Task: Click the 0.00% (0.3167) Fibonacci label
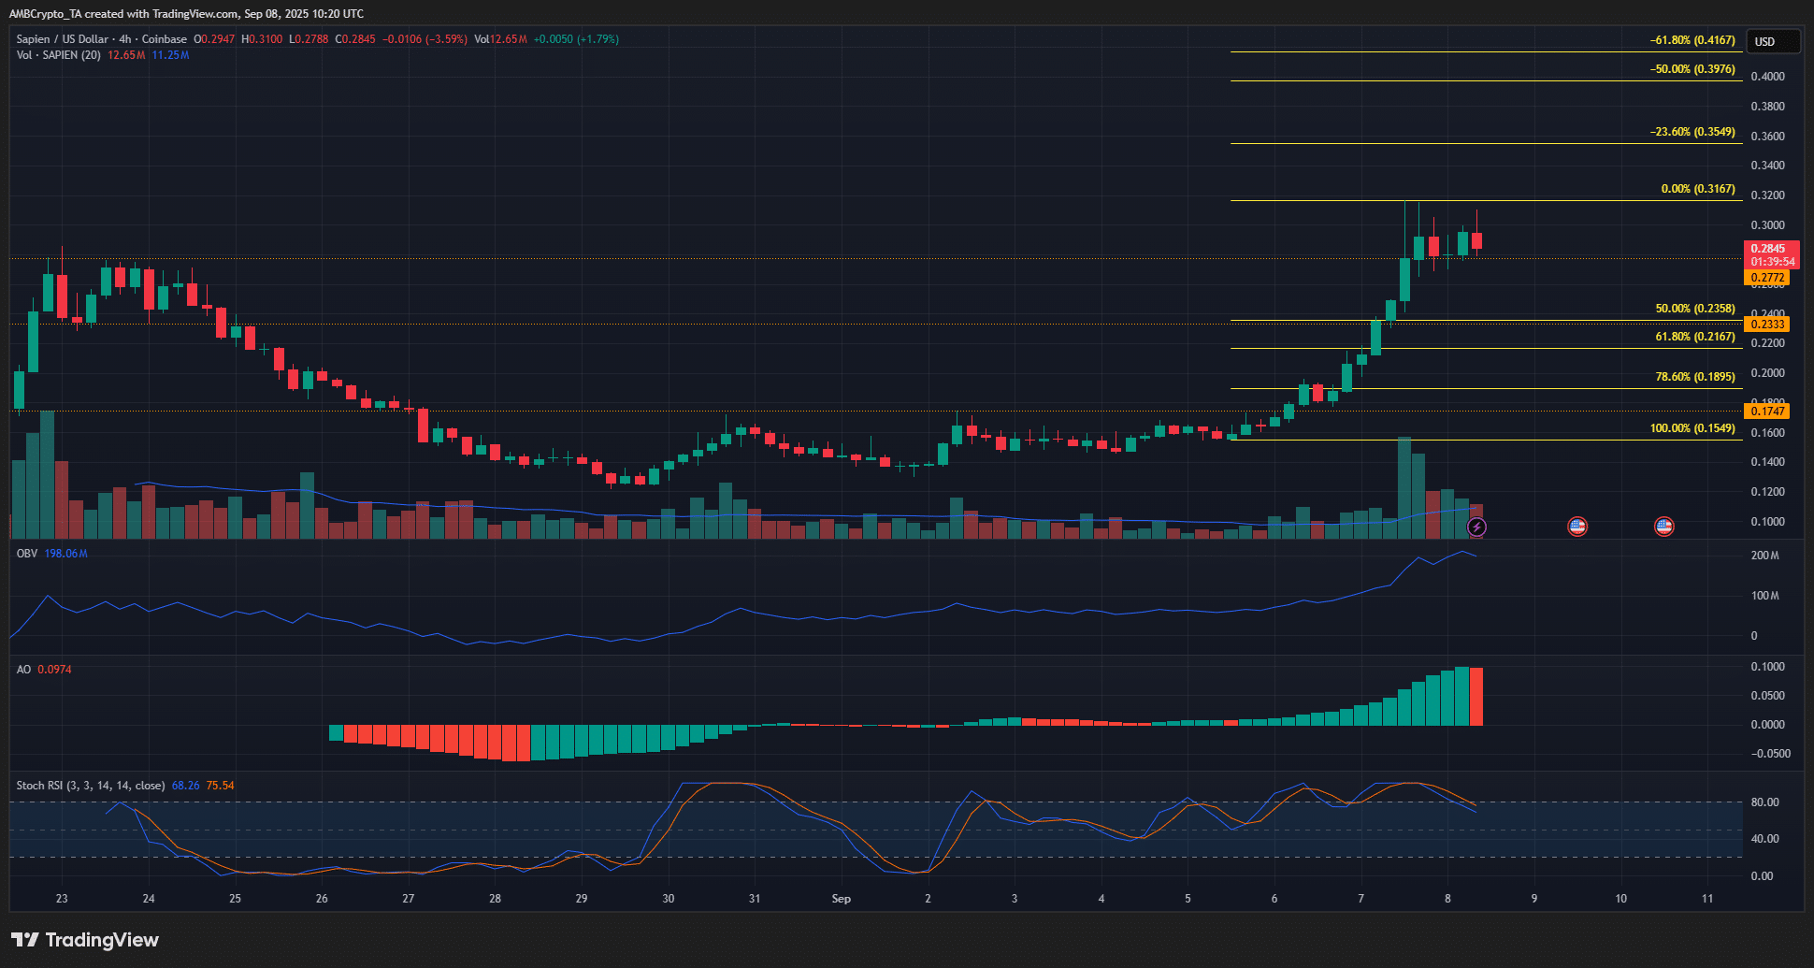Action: [1697, 189]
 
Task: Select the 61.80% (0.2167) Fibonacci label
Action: [1694, 337]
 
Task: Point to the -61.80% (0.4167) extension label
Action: [1692, 40]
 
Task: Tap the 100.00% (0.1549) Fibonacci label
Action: [1692, 428]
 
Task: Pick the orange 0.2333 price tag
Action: [1767, 325]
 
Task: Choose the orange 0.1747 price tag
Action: [1767, 412]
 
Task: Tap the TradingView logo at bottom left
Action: [85, 940]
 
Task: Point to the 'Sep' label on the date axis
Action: [842, 899]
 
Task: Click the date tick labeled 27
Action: [409, 899]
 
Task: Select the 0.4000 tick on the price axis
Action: [1767, 77]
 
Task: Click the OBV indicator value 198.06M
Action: [65, 554]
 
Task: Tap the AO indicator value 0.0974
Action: [54, 670]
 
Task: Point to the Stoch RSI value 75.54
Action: [220, 786]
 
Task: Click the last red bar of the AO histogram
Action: [1476, 697]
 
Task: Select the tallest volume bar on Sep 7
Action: [1404, 486]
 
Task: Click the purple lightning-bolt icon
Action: [1476, 527]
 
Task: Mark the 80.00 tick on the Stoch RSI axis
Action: [1764, 802]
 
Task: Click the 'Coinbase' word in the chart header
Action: [164, 39]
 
